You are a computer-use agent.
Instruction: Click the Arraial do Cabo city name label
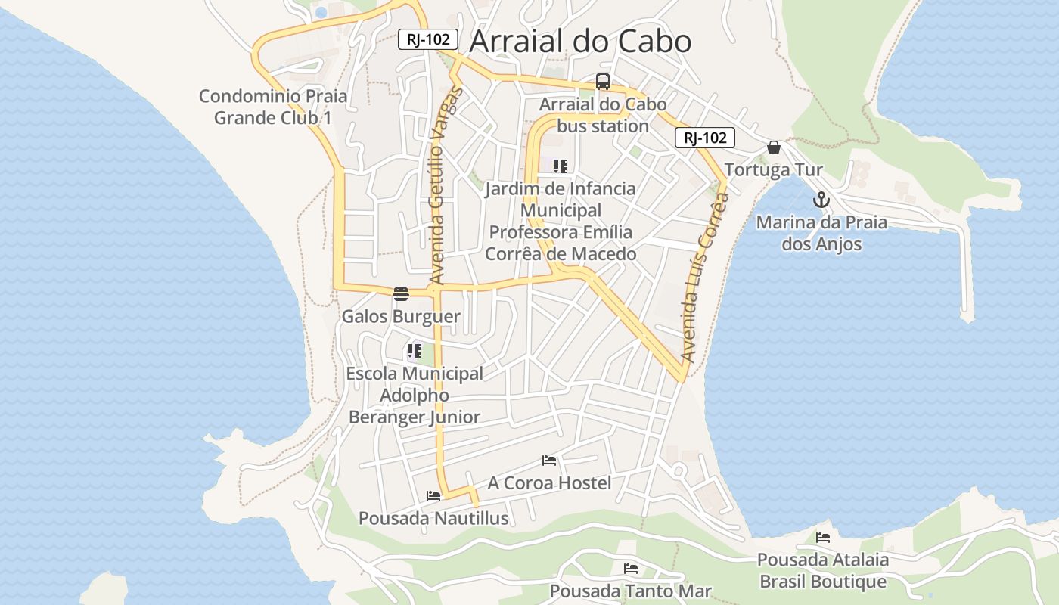pyautogui.click(x=580, y=42)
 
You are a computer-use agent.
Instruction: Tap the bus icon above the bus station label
pyautogui.click(x=603, y=82)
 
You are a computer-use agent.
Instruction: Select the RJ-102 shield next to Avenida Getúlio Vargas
pyautogui.click(x=428, y=39)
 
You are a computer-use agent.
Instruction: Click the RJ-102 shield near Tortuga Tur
pyautogui.click(x=705, y=138)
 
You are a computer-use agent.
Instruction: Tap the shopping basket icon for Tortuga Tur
pyautogui.click(x=774, y=147)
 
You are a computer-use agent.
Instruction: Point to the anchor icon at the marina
pyautogui.click(x=821, y=200)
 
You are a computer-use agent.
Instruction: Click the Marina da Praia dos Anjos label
pyautogui.click(x=821, y=233)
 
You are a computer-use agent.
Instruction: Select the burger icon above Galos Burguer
pyautogui.click(x=401, y=293)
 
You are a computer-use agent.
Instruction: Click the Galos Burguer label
pyautogui.click(x=401, y=316)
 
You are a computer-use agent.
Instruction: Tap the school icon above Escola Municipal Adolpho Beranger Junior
pyautogui.click(x=414, y=350)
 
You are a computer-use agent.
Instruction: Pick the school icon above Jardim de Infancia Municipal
pyautogui.click(x=561, y=166)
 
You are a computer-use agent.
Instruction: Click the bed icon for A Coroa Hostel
pyautogui.click(x=549, y=460)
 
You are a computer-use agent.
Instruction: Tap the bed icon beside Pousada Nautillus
pyautogui.click(x=433, y=496)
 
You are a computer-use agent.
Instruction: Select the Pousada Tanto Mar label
pyautogui.click(x=630, y=591)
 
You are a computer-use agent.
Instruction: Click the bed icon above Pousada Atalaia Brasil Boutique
pyautogui.click(x=823, y=537)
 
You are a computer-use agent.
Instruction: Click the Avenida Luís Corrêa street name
pyautogui.click(x=704, y=276)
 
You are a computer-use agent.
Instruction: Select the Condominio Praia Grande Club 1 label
pyautogui.click(x=273, y=107)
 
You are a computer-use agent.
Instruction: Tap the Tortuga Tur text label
pyautogui.click(x=774, y=170)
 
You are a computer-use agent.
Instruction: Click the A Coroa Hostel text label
pyautogui.click(x=549, y=482)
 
